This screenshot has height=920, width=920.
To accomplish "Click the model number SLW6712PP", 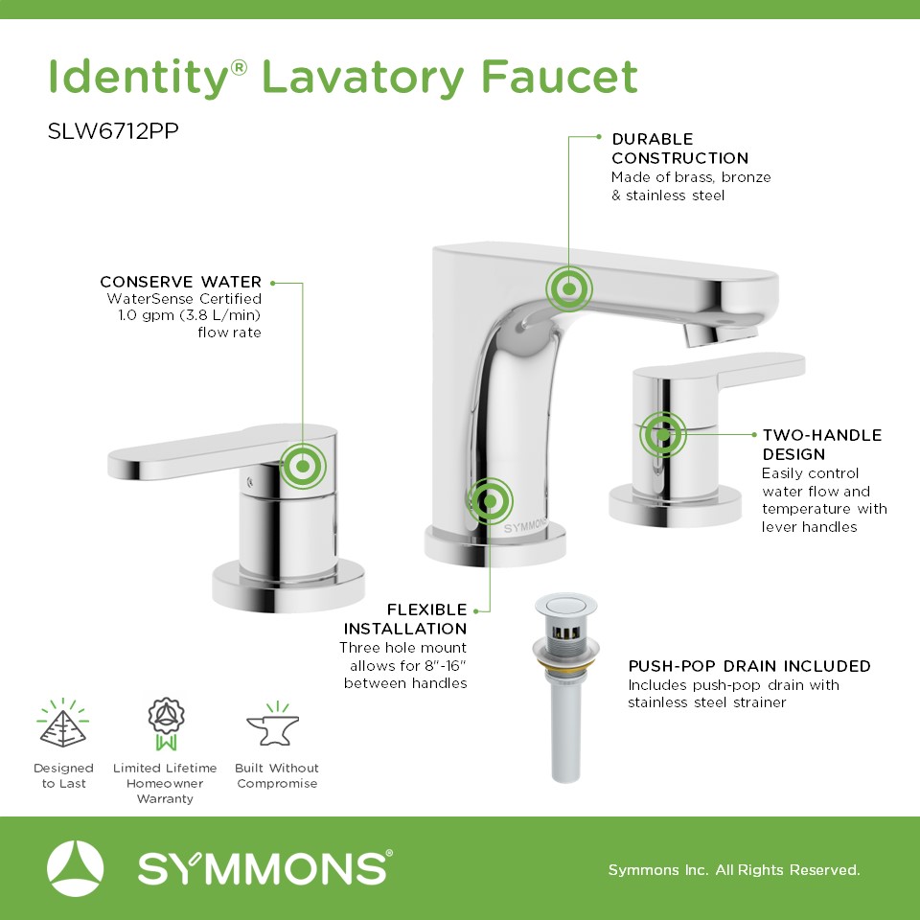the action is pos(113,131).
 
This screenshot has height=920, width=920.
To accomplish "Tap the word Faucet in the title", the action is pos(560,77).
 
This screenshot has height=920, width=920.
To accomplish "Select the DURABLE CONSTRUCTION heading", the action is pos(680,149).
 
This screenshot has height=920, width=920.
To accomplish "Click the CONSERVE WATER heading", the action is pos(181,282).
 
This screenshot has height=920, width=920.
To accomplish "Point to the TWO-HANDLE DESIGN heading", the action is pos(822,444).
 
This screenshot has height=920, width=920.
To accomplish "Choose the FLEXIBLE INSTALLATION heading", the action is pos(405,619).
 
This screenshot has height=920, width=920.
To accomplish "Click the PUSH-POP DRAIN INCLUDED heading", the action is pos(749,666).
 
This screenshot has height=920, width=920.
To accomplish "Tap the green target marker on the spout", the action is pos(568,288).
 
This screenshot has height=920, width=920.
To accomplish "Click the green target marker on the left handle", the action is pos(303,467).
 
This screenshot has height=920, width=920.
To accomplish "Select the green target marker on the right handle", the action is pos(662,435).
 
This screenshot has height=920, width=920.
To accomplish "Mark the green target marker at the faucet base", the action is pos(490,501).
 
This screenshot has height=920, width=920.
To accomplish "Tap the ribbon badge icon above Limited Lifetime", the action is pos(166,724).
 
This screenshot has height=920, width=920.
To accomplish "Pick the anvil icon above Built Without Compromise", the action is pos(273,725).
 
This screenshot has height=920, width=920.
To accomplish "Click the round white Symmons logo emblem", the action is pos(75,868).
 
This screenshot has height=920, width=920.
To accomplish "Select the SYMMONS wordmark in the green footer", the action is pos(265,868).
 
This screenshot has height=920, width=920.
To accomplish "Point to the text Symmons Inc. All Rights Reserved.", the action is pos(734,869).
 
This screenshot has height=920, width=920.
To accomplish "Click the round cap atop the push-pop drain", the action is pos(565,605).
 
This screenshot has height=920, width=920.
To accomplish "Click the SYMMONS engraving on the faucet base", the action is pos(525,525).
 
